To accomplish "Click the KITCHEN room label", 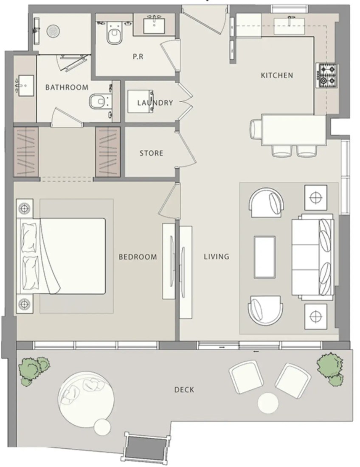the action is point(277,75).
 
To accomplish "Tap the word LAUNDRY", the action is point(155,103).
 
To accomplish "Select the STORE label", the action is point(151,153).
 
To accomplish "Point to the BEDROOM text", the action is point(138,257).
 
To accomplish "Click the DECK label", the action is point(184,390).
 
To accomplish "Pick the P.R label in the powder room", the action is point(138,56).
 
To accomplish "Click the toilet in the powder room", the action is point(114,33).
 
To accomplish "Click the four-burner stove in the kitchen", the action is point(327,76).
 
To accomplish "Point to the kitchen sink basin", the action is point(290,26).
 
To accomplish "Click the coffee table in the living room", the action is point(264,257).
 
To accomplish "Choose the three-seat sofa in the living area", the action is point(312,257).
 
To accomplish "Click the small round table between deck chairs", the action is point(268,403).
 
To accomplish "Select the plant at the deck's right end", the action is point(330,369).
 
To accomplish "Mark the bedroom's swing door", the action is point(169,200).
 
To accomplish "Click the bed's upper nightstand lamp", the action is point(25,208).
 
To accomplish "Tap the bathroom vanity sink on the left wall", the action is point(25,86).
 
